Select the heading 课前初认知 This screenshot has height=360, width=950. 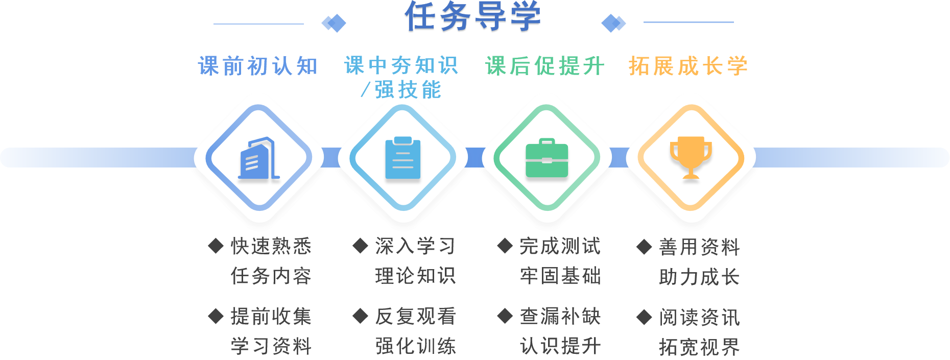258,66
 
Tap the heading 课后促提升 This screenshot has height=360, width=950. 545,66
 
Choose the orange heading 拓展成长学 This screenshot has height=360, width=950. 688,66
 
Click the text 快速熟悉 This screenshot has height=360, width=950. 271,246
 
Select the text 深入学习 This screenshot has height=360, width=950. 415,246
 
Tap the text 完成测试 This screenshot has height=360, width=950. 560,246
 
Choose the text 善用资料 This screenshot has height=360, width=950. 699,247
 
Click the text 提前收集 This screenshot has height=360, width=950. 271,317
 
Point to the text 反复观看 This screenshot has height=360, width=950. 415,317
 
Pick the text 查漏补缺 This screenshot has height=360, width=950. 560,317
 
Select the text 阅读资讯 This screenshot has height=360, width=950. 699,318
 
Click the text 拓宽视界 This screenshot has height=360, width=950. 699,347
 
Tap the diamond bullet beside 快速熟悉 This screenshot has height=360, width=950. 216,246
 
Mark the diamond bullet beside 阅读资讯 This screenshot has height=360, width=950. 644,317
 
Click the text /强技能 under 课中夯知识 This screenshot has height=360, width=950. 401,90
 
